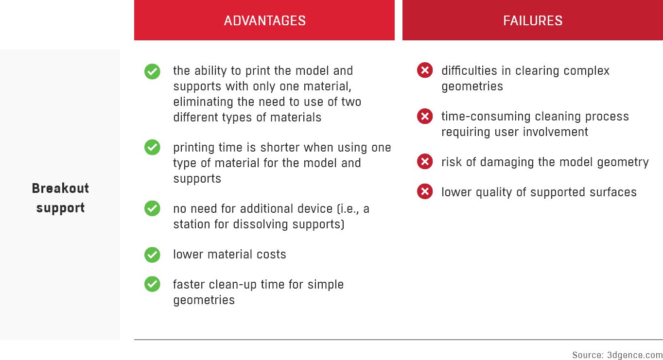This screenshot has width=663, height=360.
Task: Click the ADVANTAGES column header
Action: (x=264, y=20)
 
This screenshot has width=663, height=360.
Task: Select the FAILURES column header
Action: (x=532, y=20)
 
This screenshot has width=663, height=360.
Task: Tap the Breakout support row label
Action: (x=60, y=198)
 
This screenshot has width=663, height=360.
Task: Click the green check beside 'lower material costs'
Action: (x=152, y=255)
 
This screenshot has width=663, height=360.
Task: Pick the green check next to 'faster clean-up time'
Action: (x=152, y=284)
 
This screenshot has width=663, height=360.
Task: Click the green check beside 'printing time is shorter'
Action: (x=152, y=147)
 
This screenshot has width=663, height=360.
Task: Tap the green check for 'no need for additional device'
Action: (x=152, y=208)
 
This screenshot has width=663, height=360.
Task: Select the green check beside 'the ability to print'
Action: (x=152, y=71)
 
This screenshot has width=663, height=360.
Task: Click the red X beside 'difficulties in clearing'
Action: (x=425, y=70)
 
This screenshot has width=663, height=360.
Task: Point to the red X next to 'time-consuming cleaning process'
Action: (x=425, y=116)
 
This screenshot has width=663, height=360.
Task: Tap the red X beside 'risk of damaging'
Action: (x=425, y=162)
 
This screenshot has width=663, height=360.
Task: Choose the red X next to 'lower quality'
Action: (x=425, y=192)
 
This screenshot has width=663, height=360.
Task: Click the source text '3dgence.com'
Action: (x=635, y=355)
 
